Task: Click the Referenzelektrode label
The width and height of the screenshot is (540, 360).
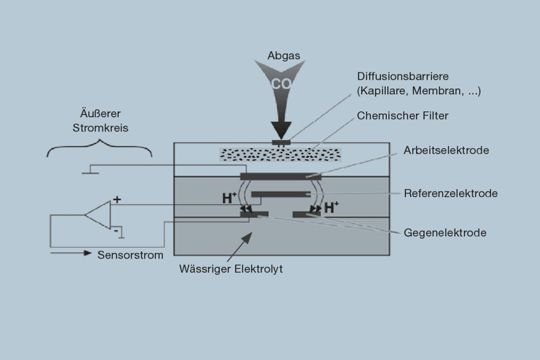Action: [451, 193]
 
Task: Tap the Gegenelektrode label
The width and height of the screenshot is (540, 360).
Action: [445, 232]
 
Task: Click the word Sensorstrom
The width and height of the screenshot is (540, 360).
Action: [130, 254]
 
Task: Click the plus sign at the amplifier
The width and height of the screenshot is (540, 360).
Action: [116, 200]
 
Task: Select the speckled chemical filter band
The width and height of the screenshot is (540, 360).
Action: [280, 154]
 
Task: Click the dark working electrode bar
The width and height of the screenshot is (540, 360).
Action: [280, 176]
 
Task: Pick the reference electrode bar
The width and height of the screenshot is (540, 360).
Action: [280, 194]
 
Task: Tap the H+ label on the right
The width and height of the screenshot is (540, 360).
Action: [331, 208]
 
